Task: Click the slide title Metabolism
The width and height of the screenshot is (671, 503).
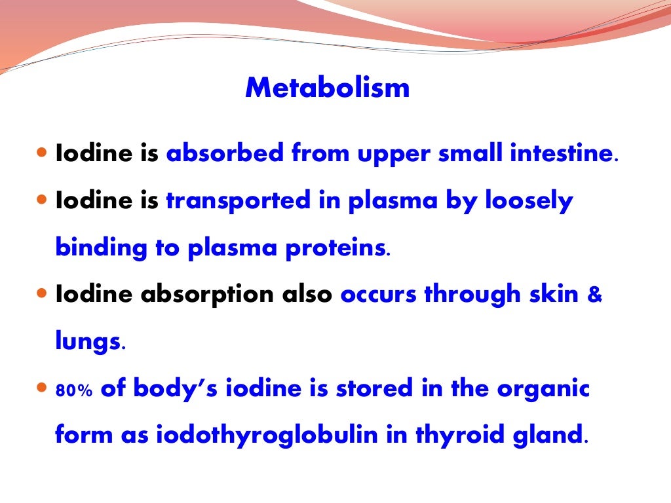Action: [x=327, y=88]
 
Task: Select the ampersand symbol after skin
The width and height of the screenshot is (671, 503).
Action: [x=594, y=295]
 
